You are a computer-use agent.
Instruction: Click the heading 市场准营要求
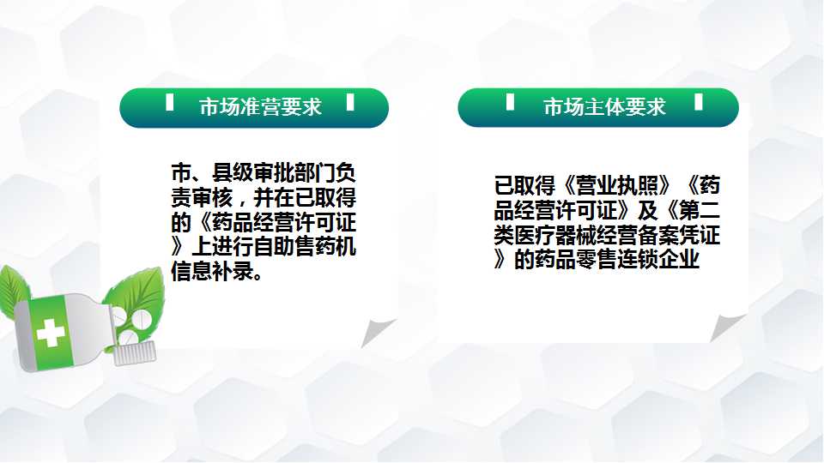tap(260, 107)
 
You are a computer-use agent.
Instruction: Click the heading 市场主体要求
tap(604, 107)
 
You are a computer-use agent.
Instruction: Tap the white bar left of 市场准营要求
tap(169, 102)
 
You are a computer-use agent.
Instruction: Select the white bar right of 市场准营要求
tap(350, 102)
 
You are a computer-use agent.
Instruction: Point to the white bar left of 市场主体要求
tap(510, 101)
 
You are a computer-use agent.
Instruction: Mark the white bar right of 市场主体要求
tap(699, 101)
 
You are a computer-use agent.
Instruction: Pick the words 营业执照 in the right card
tap(617, 185)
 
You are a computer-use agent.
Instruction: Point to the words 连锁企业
tap(658, 259)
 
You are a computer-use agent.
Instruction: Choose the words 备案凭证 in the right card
tap(679, 235)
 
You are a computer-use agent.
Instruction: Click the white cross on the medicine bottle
tap(51, 333)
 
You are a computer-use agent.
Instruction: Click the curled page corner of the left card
tap(376, 332)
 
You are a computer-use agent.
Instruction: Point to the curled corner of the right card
tap(726, 327)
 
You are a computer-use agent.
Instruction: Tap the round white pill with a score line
tap(142, 318)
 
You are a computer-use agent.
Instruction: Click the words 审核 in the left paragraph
tap(212, 197)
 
